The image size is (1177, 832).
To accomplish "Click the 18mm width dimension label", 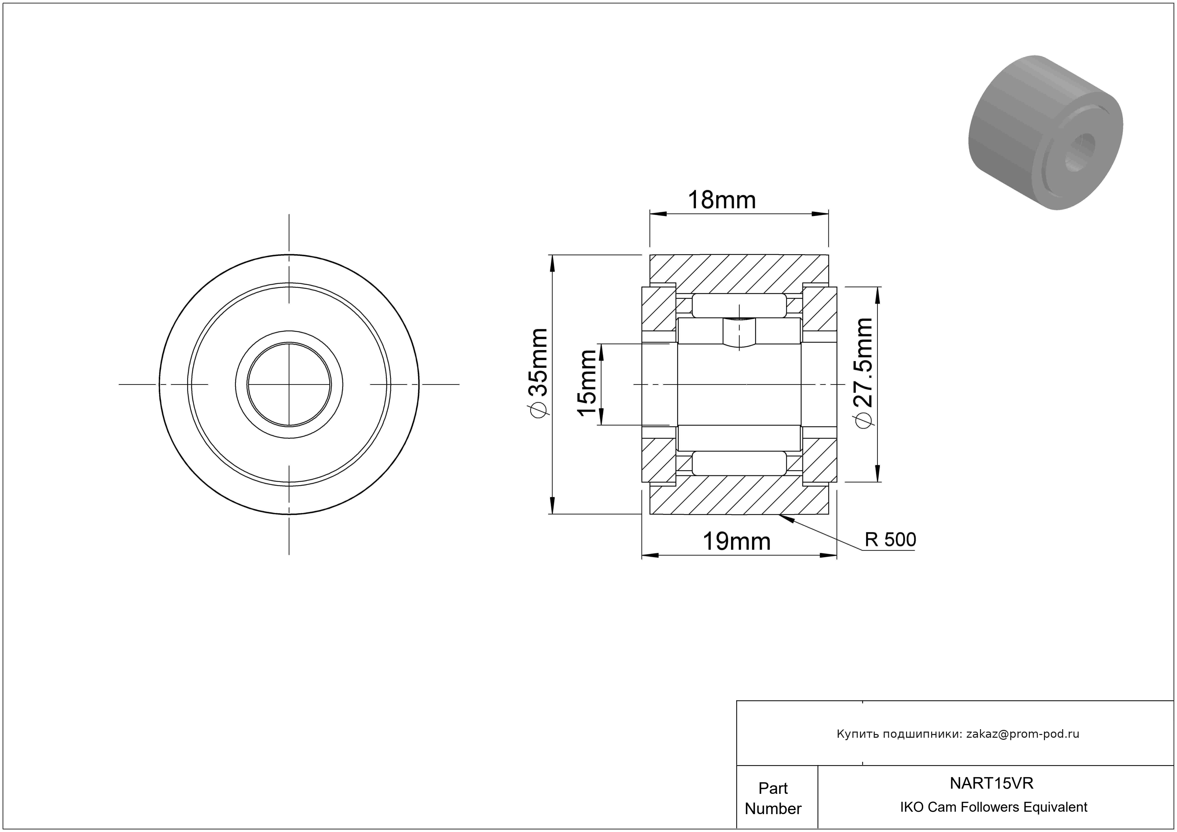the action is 721,200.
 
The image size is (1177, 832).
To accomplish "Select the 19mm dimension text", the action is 736,541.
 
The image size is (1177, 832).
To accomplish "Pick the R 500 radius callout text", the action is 891,540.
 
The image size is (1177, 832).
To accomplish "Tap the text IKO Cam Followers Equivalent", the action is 993,807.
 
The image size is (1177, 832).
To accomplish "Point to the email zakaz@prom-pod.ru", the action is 1022,734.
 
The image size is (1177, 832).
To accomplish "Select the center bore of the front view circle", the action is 289,385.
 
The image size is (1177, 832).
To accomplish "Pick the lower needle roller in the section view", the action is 739,463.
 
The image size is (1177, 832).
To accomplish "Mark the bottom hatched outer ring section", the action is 739,495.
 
